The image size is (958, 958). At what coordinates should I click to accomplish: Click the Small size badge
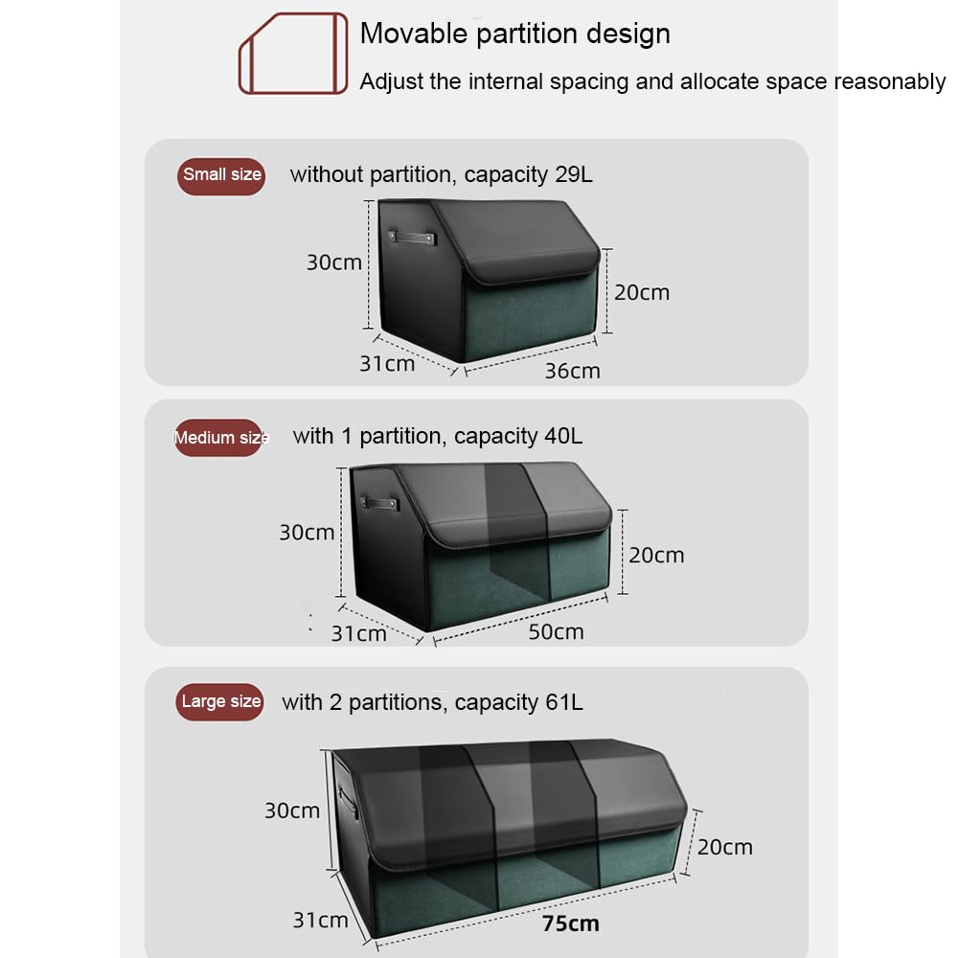(221, 176)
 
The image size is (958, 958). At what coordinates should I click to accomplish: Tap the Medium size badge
(218, 438)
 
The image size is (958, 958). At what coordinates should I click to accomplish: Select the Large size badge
(220, 701)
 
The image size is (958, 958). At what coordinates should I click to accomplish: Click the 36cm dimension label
(573, 371)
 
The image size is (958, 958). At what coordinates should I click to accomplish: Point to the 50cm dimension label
(556, 631)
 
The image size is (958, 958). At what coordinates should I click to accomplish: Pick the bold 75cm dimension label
(571, 924)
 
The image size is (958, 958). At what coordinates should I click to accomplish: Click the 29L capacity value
(574, 174)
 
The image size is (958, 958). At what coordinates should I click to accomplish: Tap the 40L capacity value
(563, 436)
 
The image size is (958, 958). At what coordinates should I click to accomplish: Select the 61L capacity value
(564, 702)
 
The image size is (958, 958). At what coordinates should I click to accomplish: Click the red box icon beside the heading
(293, 53)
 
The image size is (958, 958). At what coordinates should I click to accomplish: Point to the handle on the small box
(412, 237)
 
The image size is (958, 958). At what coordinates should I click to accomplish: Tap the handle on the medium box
(379, 504)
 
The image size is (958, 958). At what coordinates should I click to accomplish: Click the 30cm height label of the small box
(334, 262)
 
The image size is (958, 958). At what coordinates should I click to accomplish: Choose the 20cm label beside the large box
(725, 848)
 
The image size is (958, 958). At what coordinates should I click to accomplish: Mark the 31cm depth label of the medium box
(358, 633)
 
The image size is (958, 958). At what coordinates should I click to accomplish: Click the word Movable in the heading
(414, 34)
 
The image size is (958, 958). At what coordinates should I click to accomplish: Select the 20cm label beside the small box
(642, 292)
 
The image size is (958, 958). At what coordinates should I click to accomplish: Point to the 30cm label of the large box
(292, 810)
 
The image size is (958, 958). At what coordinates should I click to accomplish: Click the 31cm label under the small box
(387, 364)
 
